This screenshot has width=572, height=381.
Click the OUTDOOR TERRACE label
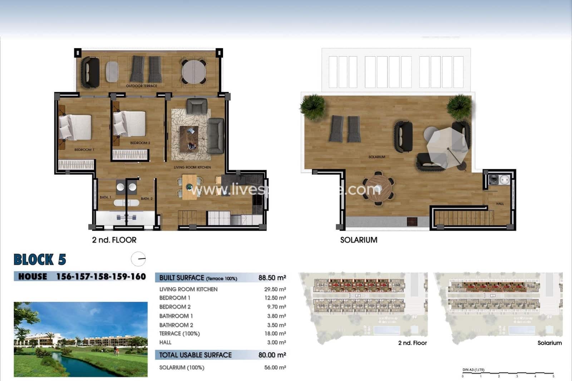(x=142, y=86)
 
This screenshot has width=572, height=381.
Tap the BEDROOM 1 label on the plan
(x=84, y=150)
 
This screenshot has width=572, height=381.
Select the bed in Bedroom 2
(x=129, y=124)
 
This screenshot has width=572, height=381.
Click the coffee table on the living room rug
(x=189, y=138)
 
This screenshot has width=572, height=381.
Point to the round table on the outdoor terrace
(x=193, y=71)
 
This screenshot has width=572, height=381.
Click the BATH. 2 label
(x=147, y=199)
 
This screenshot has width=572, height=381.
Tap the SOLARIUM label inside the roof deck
(x=377, y=157)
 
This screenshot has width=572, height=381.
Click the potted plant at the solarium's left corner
(x=312, y=105)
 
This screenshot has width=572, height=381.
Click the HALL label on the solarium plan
(x=500, y=204)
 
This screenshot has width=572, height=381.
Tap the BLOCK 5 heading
(x=40, y=260)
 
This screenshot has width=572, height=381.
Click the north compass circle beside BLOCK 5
(x=138, y=259)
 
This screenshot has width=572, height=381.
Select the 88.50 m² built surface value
(x=272, y=278)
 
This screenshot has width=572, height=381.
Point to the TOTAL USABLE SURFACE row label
(x=195, y=355)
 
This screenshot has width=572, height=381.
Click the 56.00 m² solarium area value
(x=275, y=367)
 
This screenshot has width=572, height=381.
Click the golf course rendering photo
(x=80, y=339)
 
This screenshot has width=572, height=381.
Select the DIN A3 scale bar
(x=508, y=374)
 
